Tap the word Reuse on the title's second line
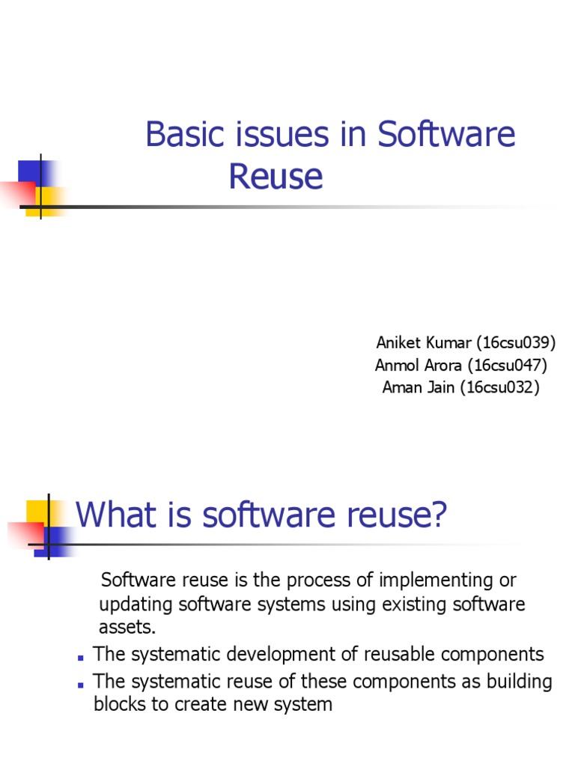click(276, 177)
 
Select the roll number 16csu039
click(518, 343)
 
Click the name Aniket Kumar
click(424, 343)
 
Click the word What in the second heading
click(114, 515)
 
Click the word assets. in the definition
click(127, 627)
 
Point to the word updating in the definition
click(134, 604)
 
